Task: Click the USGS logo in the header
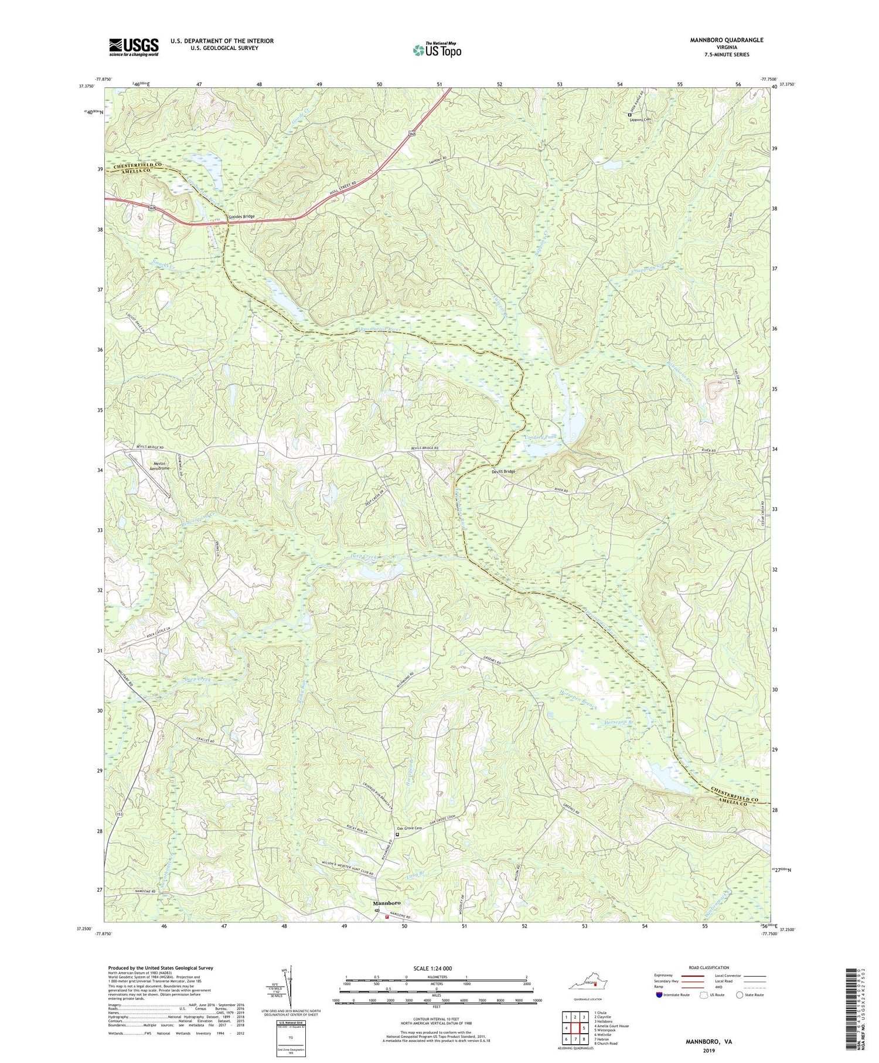pos(134,46)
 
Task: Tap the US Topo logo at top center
pos(437,50)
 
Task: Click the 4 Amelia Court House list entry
pos(611,1025)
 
